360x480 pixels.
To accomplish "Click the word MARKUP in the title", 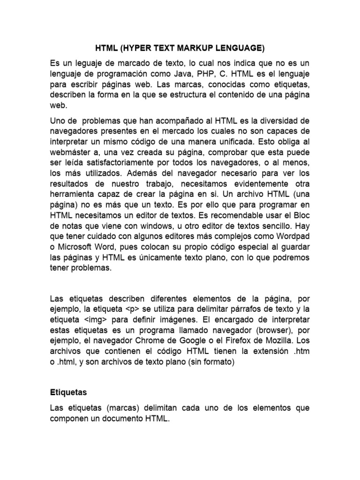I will coord(199,48).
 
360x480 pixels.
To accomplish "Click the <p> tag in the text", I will coord(127,309).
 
